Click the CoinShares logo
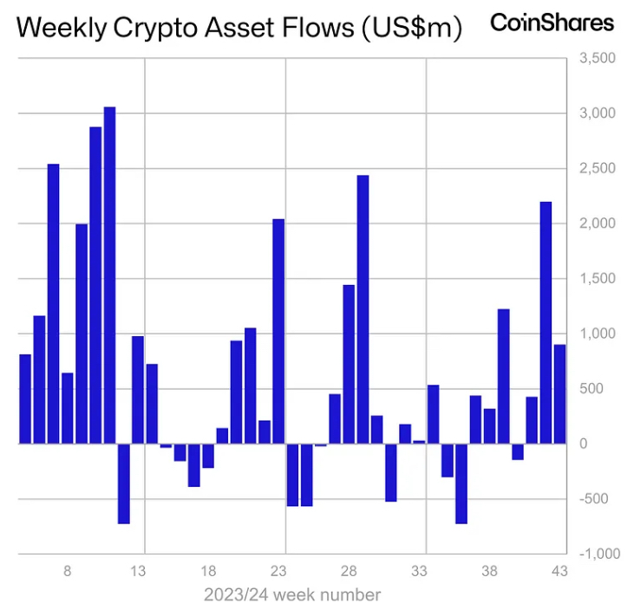(x=552, y=23)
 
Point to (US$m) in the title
(x=409, y=28)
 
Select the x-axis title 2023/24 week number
(x=292, y=595)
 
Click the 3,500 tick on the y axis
(x=598, y=58)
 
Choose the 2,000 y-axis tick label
(x=598, y=224)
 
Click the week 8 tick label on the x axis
(x=68, y=572)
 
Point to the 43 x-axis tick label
(x=559, y=572)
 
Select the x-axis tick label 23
(x=278, y=572)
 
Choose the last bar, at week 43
(x=559, y=394)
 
